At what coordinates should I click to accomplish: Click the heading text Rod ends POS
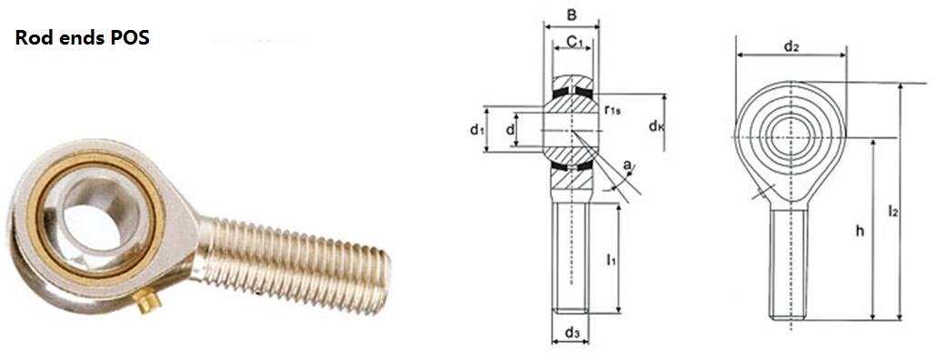tap(83, 38)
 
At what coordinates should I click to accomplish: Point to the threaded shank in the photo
tap(293, 264)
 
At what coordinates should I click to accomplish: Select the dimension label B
tap(571, 15)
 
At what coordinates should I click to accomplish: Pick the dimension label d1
tap(476, 130)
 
